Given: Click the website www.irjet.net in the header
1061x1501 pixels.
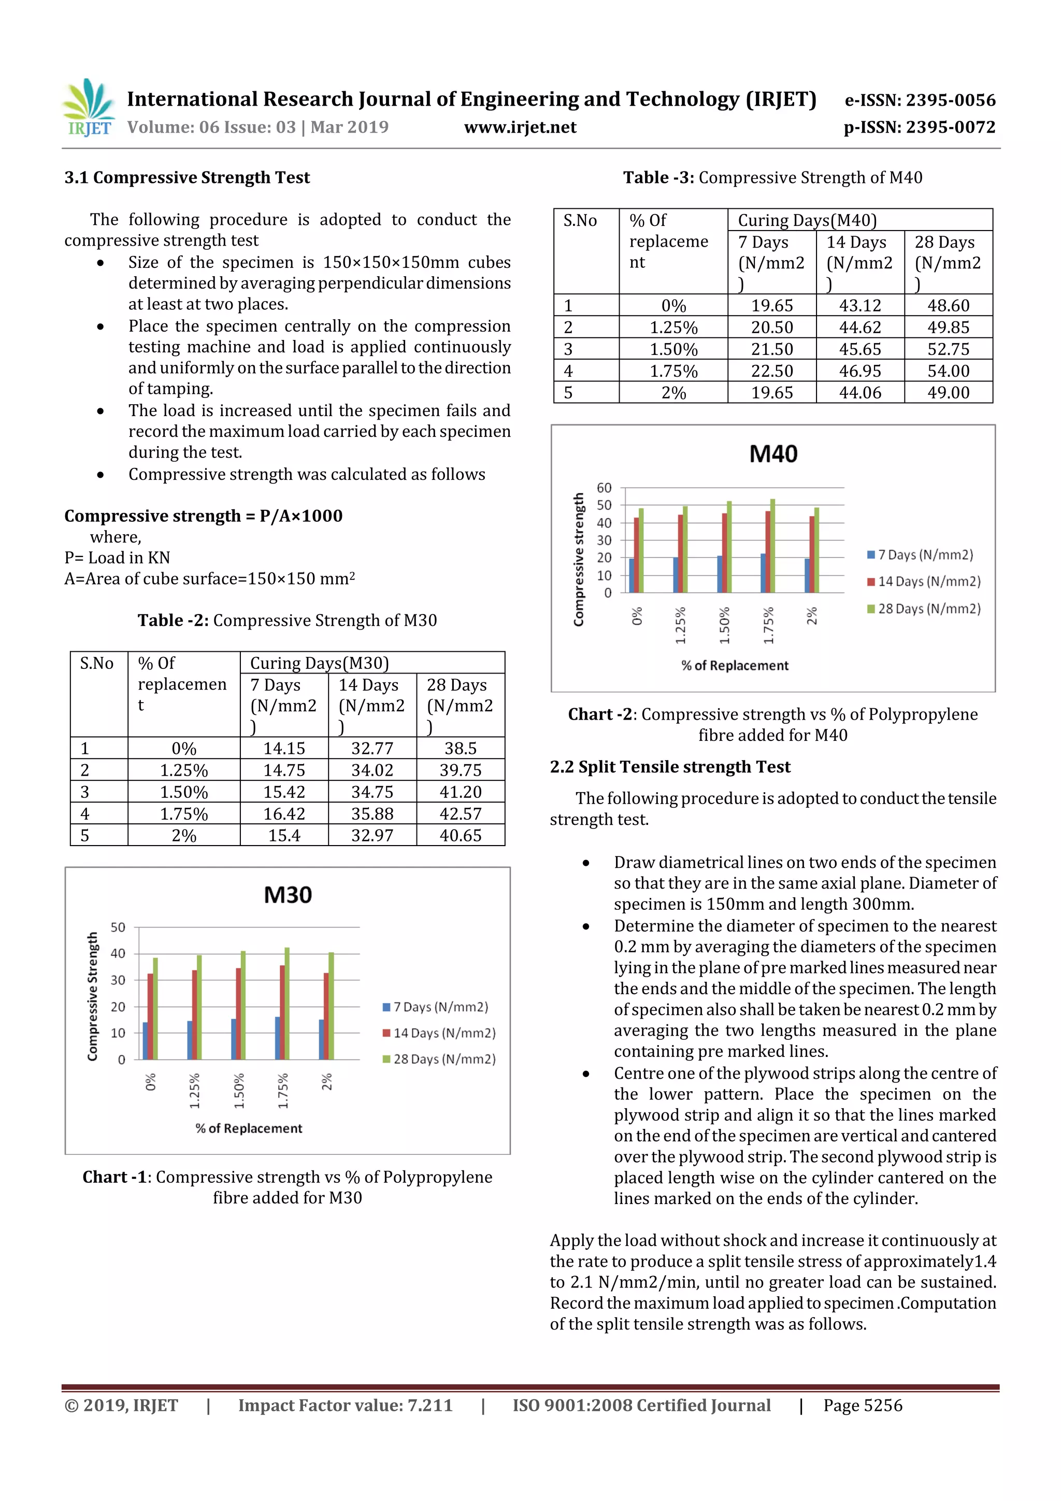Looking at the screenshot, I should point(520,127).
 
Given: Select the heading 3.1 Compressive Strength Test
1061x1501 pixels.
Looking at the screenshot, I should point(187,178).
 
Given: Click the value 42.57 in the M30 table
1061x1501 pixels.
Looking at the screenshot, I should point(460,814).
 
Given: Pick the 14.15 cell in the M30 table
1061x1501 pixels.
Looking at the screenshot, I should point(284,749).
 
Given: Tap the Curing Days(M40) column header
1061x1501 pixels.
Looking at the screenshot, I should point(807,220).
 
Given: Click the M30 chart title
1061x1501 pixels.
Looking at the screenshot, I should point(288,895).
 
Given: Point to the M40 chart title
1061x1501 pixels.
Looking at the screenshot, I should point(773,454).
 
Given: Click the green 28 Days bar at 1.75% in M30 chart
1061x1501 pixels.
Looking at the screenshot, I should point(287,1004).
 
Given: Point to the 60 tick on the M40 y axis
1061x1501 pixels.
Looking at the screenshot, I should point(604,488).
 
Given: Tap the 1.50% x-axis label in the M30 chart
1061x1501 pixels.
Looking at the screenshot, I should point(239,1091).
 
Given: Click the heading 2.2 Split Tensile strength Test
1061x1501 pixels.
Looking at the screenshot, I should point(670,767).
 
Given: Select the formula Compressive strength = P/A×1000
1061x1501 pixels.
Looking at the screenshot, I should point(203,516).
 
